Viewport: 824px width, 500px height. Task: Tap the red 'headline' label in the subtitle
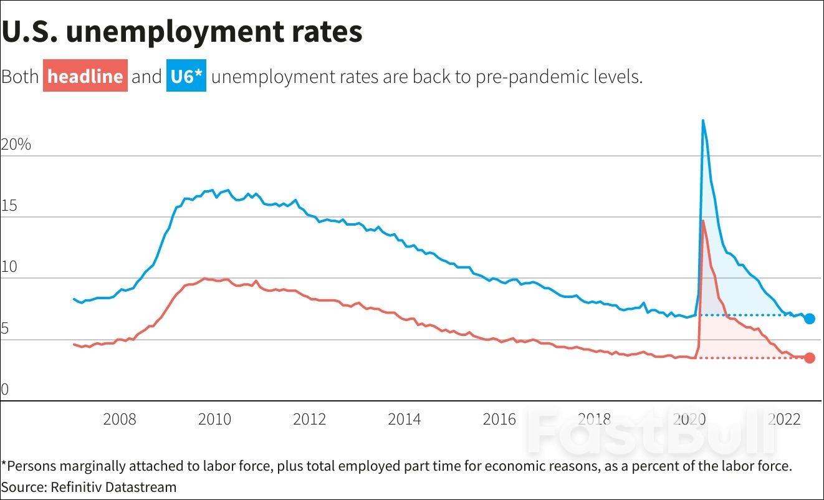[85, 77]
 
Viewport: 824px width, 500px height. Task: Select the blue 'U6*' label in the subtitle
[186, 77]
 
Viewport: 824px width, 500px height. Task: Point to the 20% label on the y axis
[16, 145]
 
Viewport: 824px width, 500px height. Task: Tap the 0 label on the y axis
[6, 390]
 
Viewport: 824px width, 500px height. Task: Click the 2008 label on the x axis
[120, 419]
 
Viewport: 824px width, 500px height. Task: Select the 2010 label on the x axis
[214, 419]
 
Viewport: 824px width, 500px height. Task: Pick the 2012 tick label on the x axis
[310, 419]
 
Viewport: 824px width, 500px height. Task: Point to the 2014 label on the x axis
[405, 419]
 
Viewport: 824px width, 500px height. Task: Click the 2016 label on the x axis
[500, 419]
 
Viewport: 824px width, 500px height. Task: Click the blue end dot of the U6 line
[809, 319]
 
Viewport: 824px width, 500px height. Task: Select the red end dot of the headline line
[809, 358]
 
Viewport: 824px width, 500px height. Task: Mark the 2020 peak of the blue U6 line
[703, 120]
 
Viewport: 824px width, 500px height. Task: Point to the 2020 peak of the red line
[703, 221]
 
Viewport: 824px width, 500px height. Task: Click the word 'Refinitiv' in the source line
[74, 486]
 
